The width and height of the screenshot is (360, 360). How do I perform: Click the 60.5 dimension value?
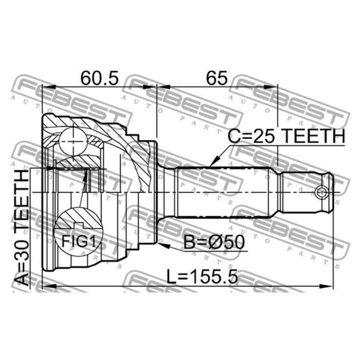click(100, 78)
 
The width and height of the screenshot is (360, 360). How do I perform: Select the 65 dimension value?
click(217, 78)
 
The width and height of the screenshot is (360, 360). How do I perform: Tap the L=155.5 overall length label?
click(202, 277)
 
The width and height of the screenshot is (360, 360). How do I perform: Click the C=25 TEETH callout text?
click(286, 136)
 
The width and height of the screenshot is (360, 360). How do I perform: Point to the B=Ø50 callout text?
click(214, 242)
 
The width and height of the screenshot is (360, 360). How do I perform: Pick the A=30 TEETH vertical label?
click(22, 228)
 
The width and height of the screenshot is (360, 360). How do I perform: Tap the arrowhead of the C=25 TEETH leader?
click(213, 161)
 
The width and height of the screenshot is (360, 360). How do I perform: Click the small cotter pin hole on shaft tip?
click(321, 192)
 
